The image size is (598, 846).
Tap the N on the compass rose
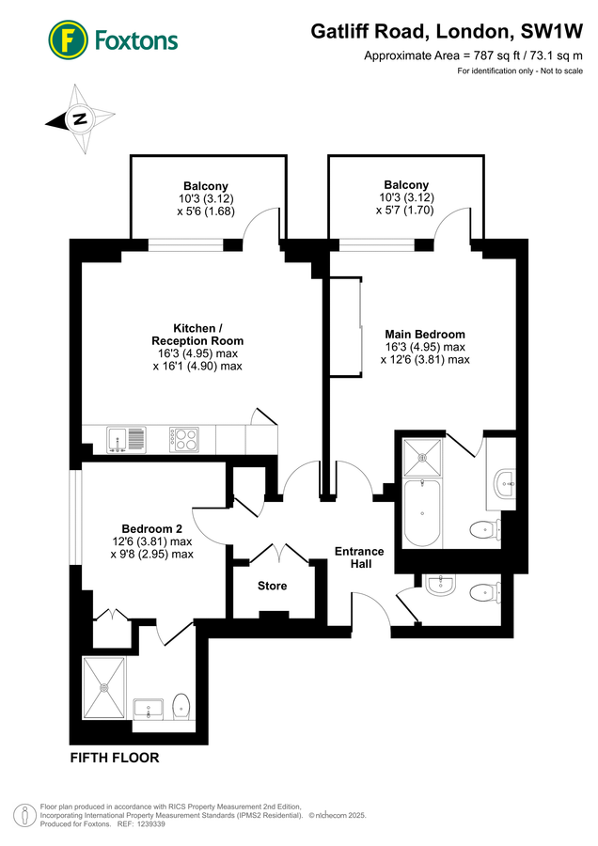(x=80, y=119)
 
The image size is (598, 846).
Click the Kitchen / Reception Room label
(x=197, y=334)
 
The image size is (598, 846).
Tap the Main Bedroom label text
(x=425, y=334)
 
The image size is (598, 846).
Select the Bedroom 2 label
(x=151, y=527)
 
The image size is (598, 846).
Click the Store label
(x=273, y=586)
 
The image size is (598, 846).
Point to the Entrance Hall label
(x=359, y=557)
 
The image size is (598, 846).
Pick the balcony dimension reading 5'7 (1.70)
(x=406, y=211)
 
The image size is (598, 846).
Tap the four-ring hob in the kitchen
(x=183, y=438)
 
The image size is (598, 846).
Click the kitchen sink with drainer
(x=126, y=438)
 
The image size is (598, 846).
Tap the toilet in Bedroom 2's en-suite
(x=181, y=706)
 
